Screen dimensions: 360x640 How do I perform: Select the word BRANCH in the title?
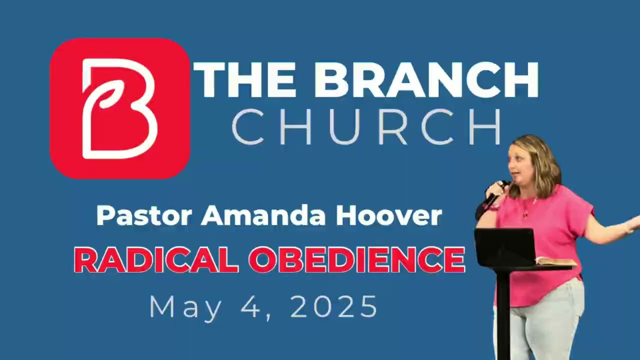coord(426,80)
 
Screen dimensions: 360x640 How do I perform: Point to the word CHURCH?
coord(366,127)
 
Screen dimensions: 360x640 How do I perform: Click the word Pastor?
coord(144,215)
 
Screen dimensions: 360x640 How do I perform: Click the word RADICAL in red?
coord(156,259)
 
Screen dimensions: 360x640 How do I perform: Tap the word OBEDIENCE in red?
coord(356,259)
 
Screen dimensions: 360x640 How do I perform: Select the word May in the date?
coord(185,306)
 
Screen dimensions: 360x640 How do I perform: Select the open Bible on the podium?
coord(555,261)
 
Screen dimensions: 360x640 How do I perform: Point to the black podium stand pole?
coord(503,315)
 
